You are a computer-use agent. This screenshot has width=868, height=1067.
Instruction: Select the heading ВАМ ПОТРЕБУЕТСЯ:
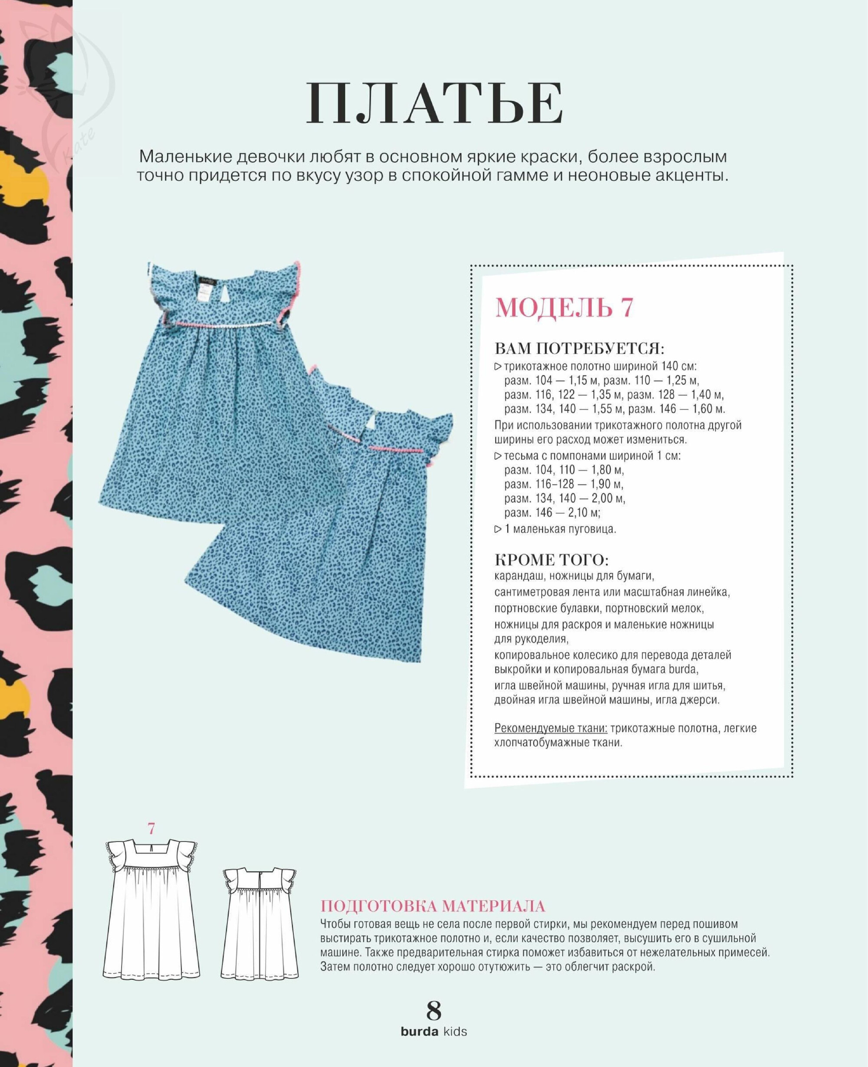(x=579, y=348)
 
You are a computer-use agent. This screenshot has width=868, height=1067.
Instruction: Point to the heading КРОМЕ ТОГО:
(x=552, y=559)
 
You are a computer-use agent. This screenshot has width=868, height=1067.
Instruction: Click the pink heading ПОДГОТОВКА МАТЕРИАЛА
(x=433, y=906)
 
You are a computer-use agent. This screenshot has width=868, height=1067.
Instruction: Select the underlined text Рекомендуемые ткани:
(x=550, y=728)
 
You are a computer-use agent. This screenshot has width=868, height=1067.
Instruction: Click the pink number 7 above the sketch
(x=151, y=828)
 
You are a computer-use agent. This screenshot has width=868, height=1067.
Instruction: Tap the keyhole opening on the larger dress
(x=228, y=295)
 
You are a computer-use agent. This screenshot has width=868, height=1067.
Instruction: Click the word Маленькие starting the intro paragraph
(x=184, y=157)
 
